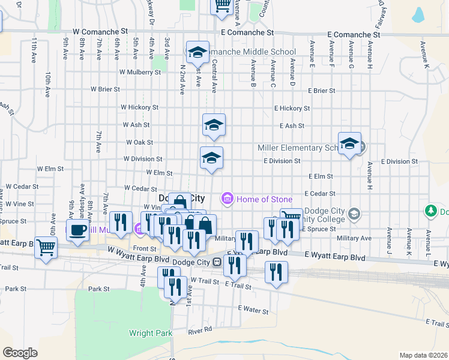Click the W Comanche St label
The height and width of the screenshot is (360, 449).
click(100, 29)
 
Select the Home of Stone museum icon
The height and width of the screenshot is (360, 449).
click(227, 199)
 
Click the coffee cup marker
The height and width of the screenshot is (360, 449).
click(77, 230)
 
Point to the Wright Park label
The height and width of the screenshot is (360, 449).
click(151, 333)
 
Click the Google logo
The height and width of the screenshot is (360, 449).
click(20, 353)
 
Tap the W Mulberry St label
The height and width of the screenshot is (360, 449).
click(140, 72)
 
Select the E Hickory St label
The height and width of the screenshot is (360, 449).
click(292, 109)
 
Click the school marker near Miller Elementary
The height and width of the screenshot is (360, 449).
click(349, 143)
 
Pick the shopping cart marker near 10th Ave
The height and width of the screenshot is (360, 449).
click(46, 246)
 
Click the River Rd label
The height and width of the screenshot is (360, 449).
click(200, 330)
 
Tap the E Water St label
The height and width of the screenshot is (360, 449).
click(253, 309)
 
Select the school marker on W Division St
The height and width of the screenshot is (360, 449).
click(211, 158)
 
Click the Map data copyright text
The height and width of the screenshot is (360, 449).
click(423, 355)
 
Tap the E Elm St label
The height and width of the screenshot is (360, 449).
click(321, 176)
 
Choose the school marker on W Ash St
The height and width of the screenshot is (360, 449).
click(214, 125)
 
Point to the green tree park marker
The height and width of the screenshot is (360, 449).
click(430, 211)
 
